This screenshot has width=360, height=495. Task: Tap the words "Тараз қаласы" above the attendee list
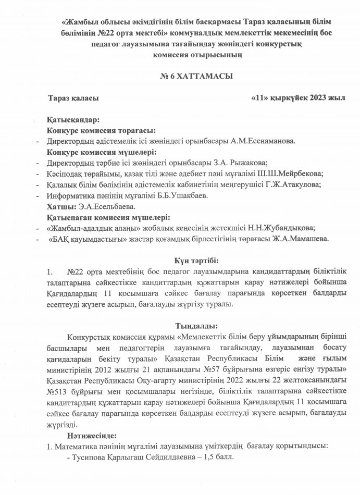[x=72, y=98]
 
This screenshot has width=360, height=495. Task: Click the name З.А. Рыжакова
[x=243, y=163]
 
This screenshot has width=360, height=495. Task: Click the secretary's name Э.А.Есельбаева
[x=100, y=207]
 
